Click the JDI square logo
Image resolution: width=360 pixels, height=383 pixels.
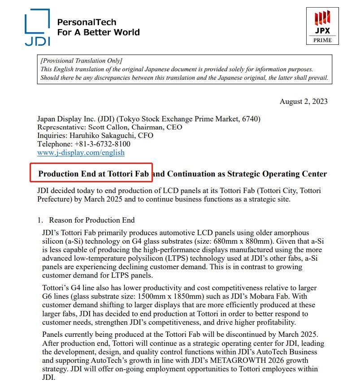pos(37,27)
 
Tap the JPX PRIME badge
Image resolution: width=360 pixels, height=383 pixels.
pos(322,26)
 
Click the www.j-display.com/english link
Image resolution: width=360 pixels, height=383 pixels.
pos(81,152)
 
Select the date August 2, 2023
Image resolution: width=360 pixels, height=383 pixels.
pos(304,101)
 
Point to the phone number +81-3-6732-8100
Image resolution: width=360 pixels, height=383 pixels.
pos(102,144)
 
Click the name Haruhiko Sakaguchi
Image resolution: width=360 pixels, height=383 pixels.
pos(104,135)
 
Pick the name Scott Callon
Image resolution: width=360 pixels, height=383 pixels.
pos(109,127)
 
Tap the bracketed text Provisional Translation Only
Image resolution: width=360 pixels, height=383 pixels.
pos(81,60)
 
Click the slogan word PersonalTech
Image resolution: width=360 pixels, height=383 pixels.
pos(87,22)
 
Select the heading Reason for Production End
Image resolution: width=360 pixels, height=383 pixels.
pos(92,220)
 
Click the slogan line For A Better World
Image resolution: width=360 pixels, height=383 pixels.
pos(98,32)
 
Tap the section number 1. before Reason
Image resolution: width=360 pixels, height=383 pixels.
pos(40,220)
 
